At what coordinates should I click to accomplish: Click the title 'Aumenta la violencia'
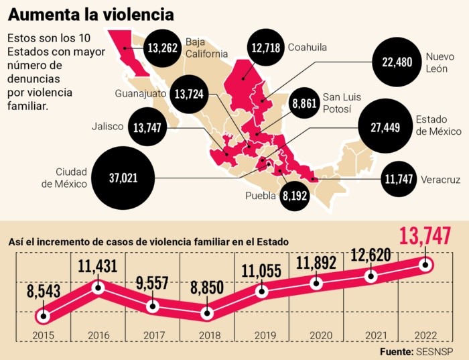click(90, 13)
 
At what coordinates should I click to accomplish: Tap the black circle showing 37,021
click(123, 178)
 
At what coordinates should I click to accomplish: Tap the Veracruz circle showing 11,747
click(398, 179)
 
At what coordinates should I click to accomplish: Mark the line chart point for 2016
click(98, 288)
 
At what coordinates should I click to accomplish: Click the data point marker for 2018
click(207, 312)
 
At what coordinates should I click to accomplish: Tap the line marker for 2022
click(425, 265)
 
